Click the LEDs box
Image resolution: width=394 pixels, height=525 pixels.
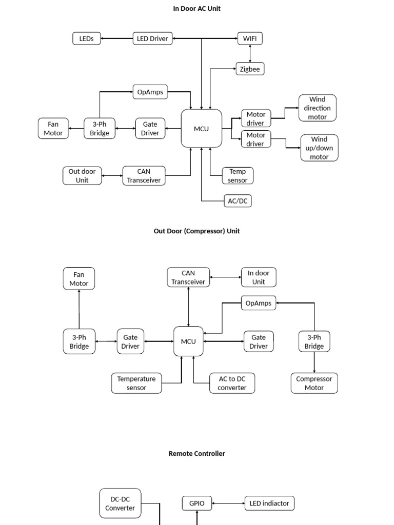click(x=87, y=38)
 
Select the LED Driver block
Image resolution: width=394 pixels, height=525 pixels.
click(x=152, y=38)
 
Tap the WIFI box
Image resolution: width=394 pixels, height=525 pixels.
click(x=250, y=38)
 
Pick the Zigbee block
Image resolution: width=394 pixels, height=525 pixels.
click(x=250, y=69)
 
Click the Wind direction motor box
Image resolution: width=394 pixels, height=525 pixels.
click(x=317, y=108)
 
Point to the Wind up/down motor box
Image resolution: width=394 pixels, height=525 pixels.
click(x=319, y=148)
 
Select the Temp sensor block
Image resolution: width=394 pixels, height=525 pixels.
click(x=238, y=176)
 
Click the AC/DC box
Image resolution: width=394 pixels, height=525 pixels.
click(x=238, y=201)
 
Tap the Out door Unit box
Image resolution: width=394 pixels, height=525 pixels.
click(x=82, y=176)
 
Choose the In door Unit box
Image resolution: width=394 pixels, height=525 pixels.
click(x=259, y=277)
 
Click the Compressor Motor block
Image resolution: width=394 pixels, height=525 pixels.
click(x=314, y=383)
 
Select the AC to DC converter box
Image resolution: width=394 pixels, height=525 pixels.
click(x=232, y=383)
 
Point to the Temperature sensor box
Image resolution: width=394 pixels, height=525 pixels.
click(x=136, y=383)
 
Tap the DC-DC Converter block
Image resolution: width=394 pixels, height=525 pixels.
click(x=120, y=503)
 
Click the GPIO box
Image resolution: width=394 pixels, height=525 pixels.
click(x=197, y=503)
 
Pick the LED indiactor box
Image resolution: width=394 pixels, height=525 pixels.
click(x=269, y=503)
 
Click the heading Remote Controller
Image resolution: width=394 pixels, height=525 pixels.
click(x=196, y=454)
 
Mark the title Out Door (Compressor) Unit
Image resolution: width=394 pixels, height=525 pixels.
click(x=196, y=231)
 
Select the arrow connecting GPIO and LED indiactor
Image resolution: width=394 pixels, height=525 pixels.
click(x=228, y=503)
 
